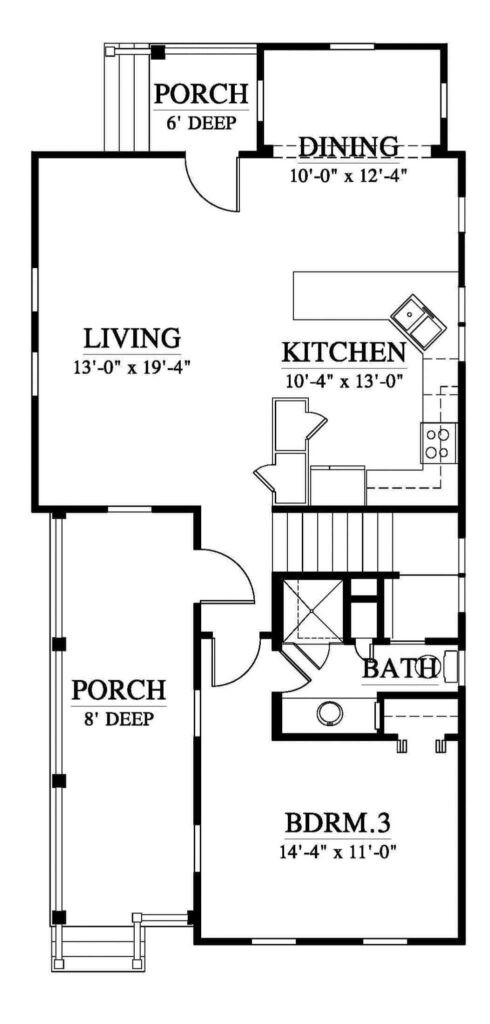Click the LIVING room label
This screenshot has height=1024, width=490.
pos(132,337)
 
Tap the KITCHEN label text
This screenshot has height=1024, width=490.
pos(343,352)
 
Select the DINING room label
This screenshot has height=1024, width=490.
pos(348,147)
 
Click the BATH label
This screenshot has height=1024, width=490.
pos(398,668)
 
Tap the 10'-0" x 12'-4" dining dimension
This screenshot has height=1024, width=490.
pos(348,172)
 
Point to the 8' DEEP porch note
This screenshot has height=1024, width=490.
pos(118,718)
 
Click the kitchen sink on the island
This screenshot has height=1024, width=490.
pos(413,319)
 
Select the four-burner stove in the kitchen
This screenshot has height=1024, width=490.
pos(438,441)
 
